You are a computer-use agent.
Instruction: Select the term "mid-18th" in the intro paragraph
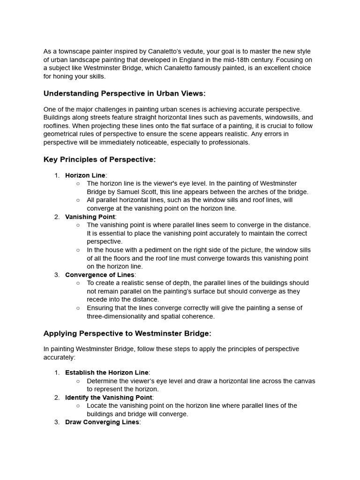point(251,60)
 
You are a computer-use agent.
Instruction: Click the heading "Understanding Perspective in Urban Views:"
point(124,94)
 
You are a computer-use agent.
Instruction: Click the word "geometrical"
point(62,134)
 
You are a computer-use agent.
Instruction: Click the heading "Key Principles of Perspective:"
point(99,160)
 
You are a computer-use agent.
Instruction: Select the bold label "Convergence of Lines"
point(100,275)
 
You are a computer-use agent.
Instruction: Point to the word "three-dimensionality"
point(119,316)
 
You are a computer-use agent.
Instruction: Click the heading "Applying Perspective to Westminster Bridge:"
point(127,334)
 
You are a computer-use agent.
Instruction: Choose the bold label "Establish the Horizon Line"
point(106,373)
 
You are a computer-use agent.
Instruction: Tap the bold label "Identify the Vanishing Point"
point(109,397)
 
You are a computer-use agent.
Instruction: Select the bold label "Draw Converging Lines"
point(102,422)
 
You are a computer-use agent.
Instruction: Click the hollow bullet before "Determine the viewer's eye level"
point(78,381)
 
